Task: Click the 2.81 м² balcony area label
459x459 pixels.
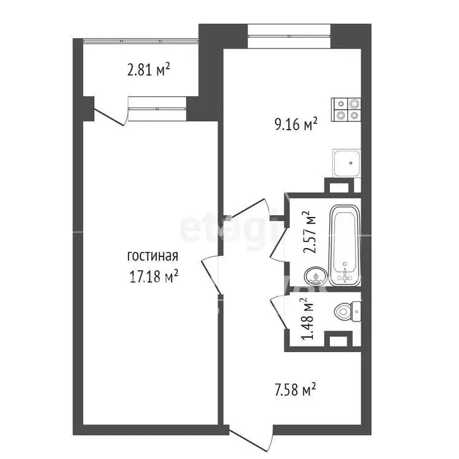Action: coord(148,71)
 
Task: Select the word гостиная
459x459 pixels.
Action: coord(153,256)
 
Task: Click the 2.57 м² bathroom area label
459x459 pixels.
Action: coord(308,232)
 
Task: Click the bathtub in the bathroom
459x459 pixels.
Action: coord(345,245)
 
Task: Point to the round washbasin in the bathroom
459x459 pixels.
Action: coord(315,276)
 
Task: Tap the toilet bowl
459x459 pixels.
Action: coord(345,311)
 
